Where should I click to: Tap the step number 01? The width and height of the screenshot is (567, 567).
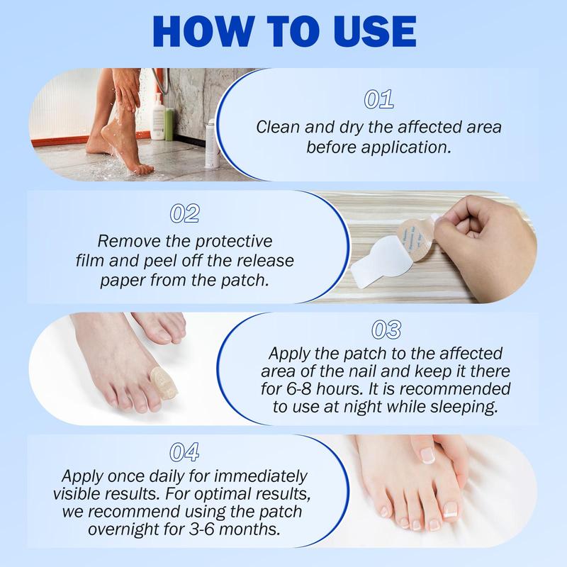[x=378, y=100]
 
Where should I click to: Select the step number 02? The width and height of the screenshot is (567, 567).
[x=185, y=213]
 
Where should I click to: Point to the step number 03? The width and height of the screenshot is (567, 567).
[x=386, y=330]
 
